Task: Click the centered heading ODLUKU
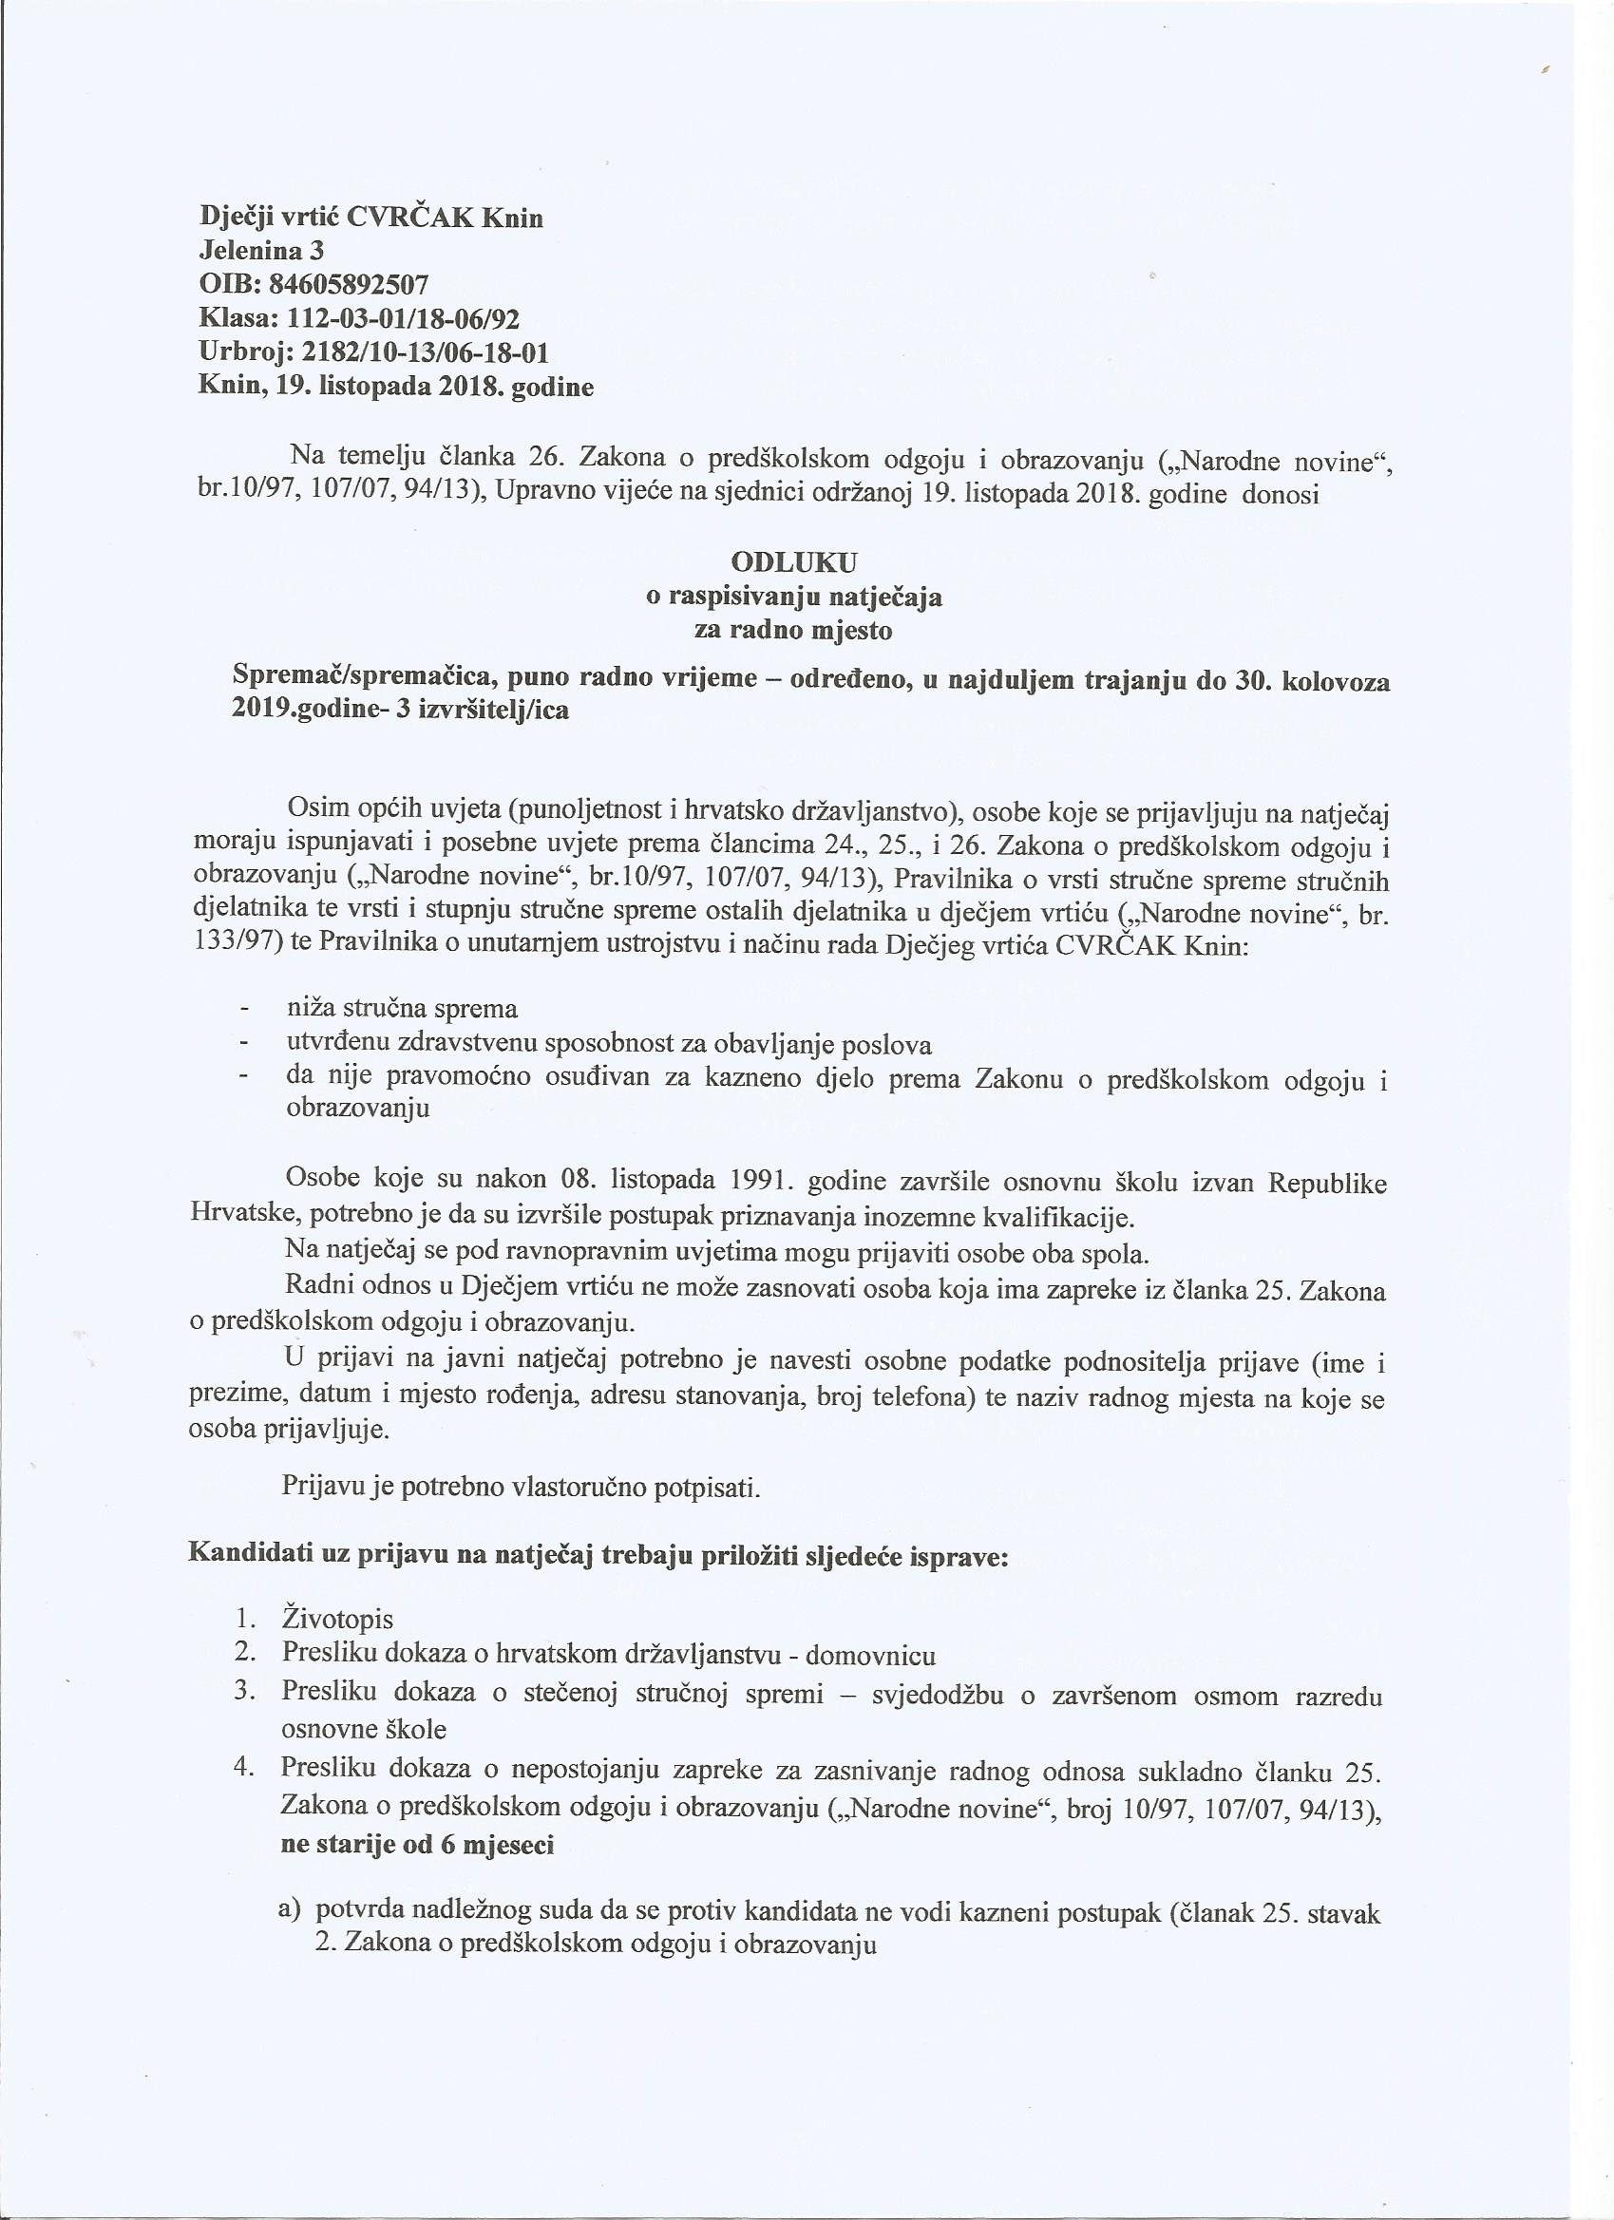(794, 561)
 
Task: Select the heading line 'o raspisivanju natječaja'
(794, 597)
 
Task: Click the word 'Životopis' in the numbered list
(336, 1618)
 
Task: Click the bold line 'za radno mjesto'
(794, 631)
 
